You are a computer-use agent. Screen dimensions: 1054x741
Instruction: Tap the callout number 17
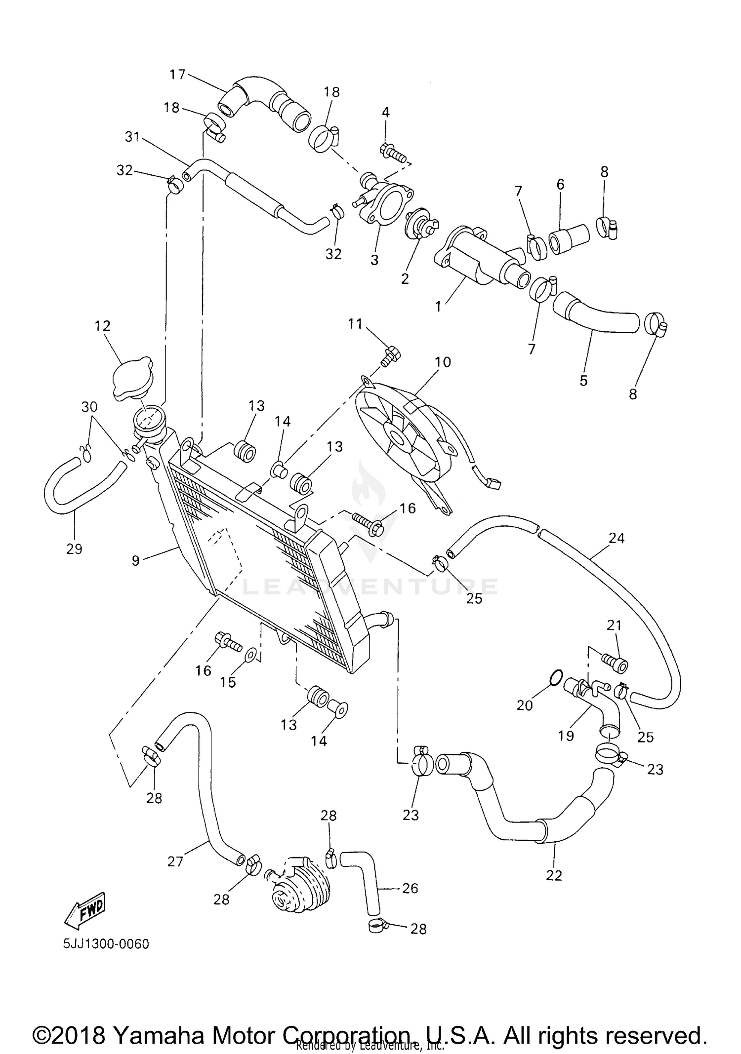(177, 75)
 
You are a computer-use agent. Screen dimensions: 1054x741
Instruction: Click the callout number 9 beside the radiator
(136, 560)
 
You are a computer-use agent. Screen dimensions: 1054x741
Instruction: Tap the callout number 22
(554, 875)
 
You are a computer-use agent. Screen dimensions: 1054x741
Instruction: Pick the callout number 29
(74, 548)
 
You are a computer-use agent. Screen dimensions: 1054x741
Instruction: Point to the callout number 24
(617, 538)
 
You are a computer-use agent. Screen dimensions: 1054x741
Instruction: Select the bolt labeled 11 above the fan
(391, 356)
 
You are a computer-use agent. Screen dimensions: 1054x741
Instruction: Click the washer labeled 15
(250, 656)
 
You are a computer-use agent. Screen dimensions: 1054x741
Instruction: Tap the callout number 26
(410, 888)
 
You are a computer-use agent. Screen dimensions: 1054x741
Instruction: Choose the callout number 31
(132, 137)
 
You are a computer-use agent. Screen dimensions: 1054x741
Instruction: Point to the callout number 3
(374, 260)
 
